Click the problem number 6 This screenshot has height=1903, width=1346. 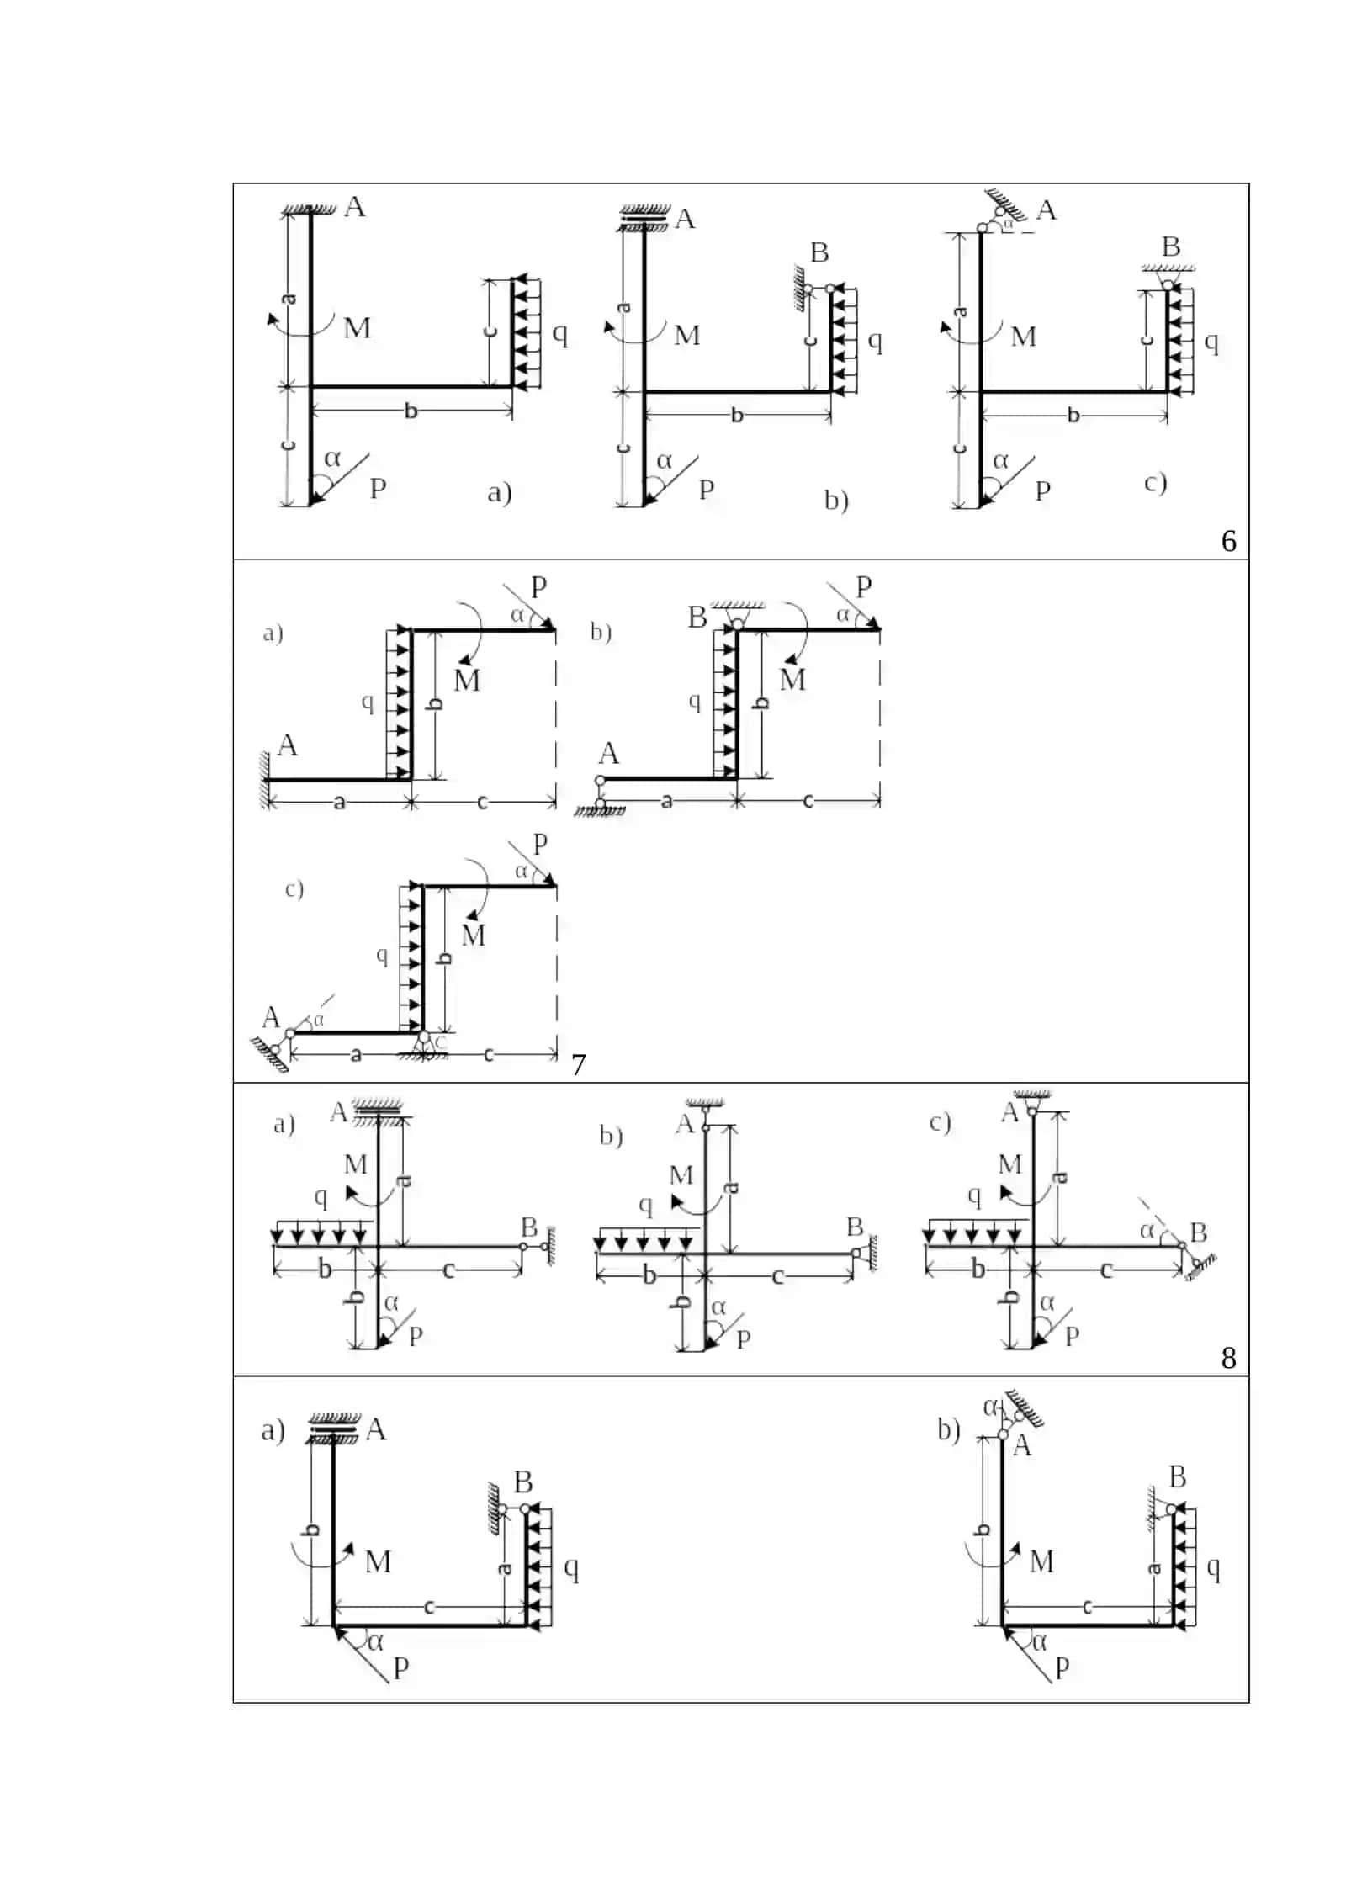click(x=1228, y=541)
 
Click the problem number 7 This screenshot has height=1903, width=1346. click(x=578, y=1065)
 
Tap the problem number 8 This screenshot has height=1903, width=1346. click(x=1228, y=1358)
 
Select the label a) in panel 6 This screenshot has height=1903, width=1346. click(x=500, y=492)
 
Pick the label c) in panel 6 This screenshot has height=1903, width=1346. click(x=1155, y=483)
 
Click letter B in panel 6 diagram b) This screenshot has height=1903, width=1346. click(x=819, y=252)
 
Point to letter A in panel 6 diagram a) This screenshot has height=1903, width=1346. click(x=355, y=207)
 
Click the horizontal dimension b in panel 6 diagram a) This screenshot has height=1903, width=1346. click(x=411, y=411)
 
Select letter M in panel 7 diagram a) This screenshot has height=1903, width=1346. click(x=467, y=680)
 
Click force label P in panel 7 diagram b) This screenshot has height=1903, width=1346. click(x=864, y=586)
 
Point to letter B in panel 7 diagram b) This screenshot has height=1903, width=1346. click(x=697, y=618)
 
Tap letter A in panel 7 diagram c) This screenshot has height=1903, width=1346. click(x=271, y=1017)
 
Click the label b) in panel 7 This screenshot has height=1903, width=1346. click(x=601, y=632)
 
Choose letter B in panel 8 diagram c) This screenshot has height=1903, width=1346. click(x=1199, y=1232)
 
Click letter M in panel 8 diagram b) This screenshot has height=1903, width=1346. click(x=681, y=1175)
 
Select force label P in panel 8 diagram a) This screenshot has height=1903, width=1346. click(x=416, y=1336)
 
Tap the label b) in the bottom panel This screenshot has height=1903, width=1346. click(x=949, y=1429)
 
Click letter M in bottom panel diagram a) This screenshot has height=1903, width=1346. click(x=378, y=1561)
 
